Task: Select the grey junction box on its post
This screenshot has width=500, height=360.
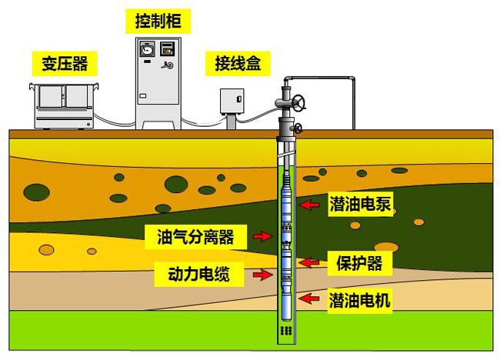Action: coord(233,102)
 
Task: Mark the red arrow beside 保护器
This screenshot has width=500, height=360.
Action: coord(308,262)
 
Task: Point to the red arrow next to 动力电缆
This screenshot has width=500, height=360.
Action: coord(264,273)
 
